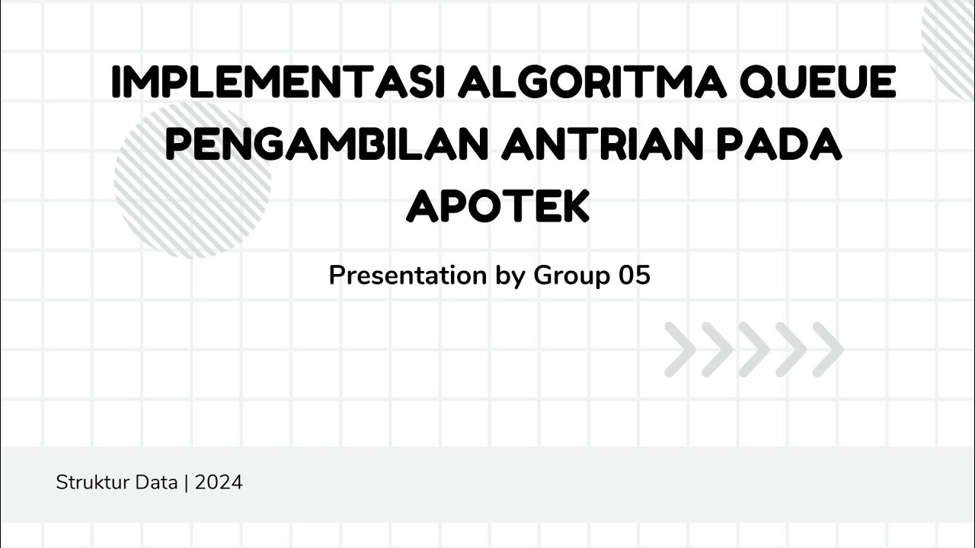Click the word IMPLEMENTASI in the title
coord(278,83)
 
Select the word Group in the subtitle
coord(572,276)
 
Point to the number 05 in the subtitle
coord(635,276)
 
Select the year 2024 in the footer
coord(219,483)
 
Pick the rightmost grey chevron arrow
coord(827,349)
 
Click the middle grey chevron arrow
coord(753,349)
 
